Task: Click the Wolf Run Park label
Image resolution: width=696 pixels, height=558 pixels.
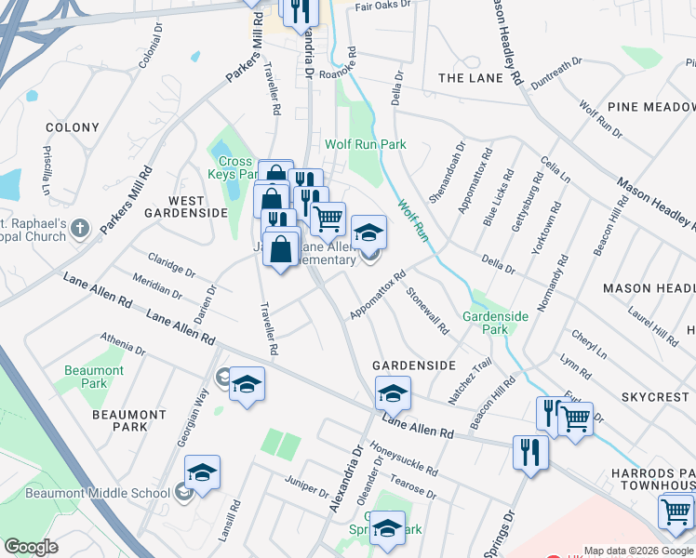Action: pos(366,144)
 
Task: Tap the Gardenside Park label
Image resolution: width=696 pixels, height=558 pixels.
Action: pos(496,323)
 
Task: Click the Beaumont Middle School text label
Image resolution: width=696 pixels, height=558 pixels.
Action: pos(85,493)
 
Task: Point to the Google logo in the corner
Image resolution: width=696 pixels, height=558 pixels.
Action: pos(31,547)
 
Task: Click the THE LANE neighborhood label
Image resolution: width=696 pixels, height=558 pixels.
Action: pos(471,78)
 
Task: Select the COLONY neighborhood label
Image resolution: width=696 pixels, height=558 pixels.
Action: pos(72,127)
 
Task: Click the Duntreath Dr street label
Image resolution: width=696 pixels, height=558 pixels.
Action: pos(555,73)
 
